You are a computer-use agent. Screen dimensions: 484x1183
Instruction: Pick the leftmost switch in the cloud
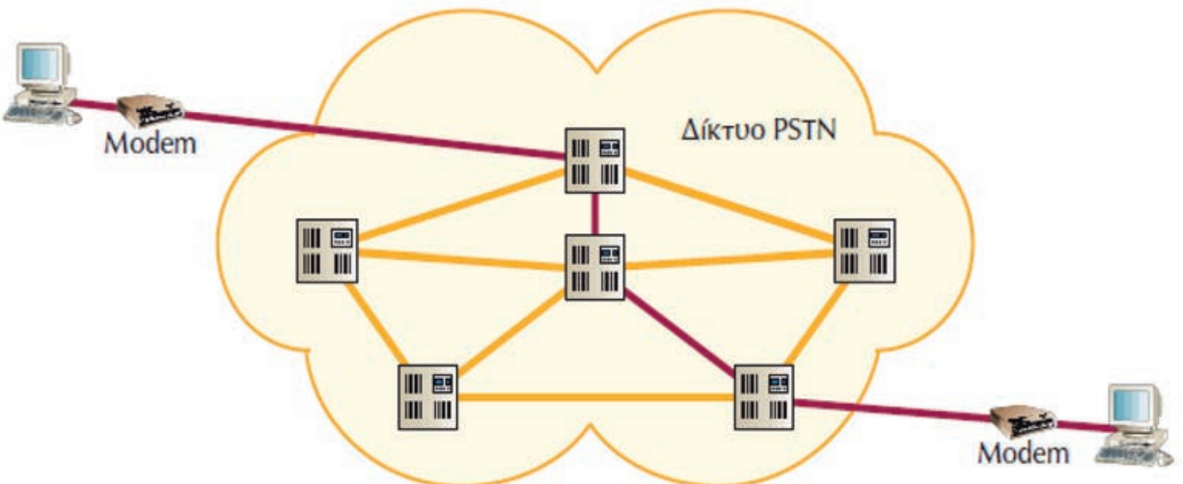[328, 249]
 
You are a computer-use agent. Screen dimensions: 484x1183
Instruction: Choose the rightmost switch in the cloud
[864, 249]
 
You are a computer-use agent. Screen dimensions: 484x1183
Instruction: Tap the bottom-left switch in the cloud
[427, 395]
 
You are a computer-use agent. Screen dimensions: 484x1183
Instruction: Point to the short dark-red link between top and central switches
[597, 213]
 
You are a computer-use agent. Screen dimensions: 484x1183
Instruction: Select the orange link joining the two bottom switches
[594, 396]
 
